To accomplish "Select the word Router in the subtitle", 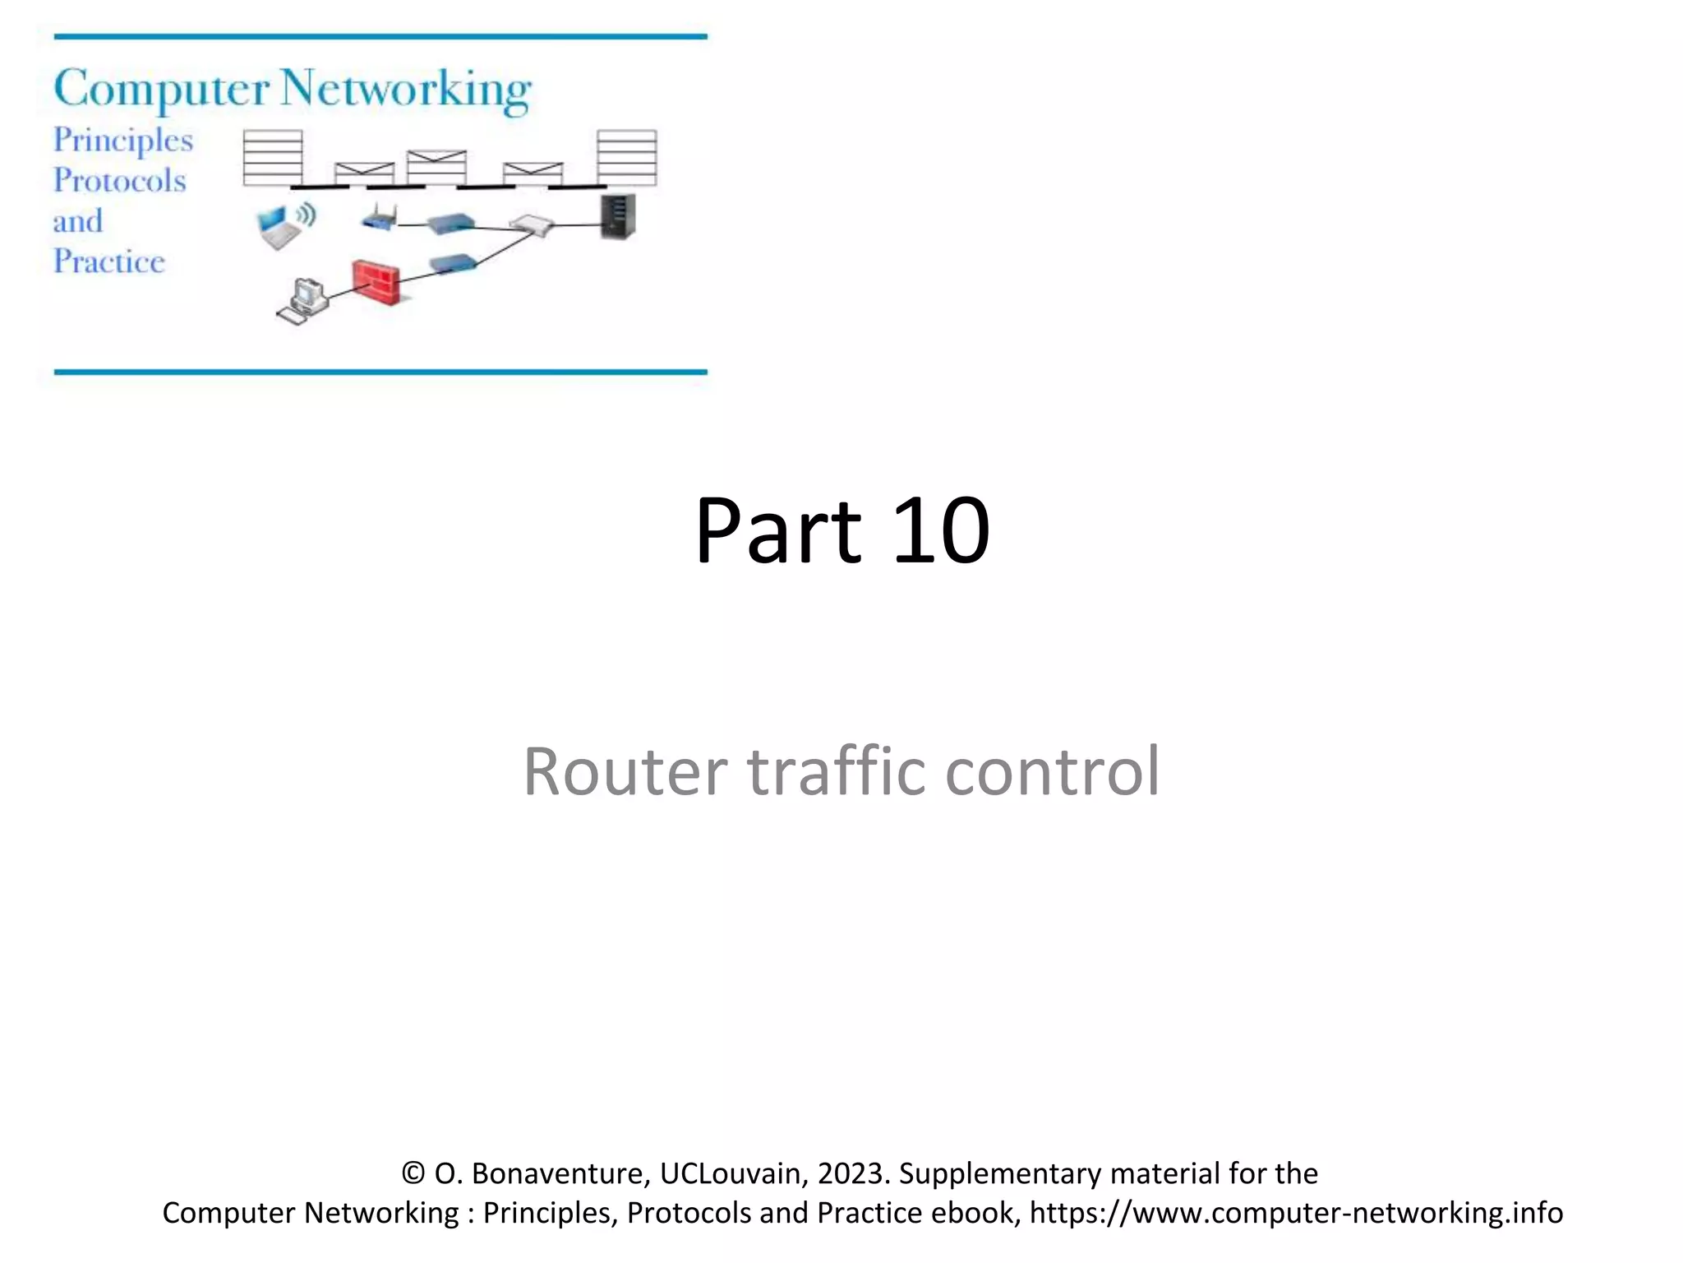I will [625, 771].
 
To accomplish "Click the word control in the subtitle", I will [1052, 771].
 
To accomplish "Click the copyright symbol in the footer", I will [413, 1173].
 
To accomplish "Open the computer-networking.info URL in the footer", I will [1296, 1213].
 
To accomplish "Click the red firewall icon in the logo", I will [376, 281].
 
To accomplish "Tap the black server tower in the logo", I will [618, 216].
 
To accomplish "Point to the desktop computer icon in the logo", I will [303, 302].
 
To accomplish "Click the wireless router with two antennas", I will [380, 218].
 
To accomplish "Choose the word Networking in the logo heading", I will [406, 90].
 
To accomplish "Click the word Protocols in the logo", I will [120, 181].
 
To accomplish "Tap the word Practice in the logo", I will [109, 262].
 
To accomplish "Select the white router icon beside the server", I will [531, 224].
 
